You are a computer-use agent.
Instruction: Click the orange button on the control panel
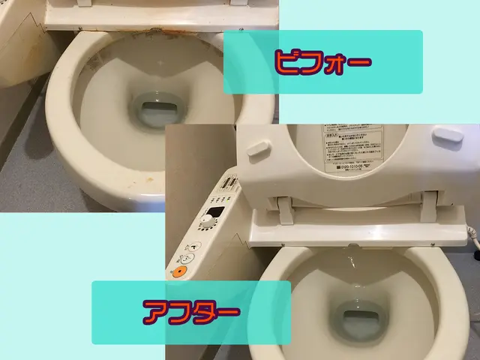tap(179, 271)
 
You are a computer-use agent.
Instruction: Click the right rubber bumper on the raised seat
tap(448, 136)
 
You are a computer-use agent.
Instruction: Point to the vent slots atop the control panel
tap(230, 183)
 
